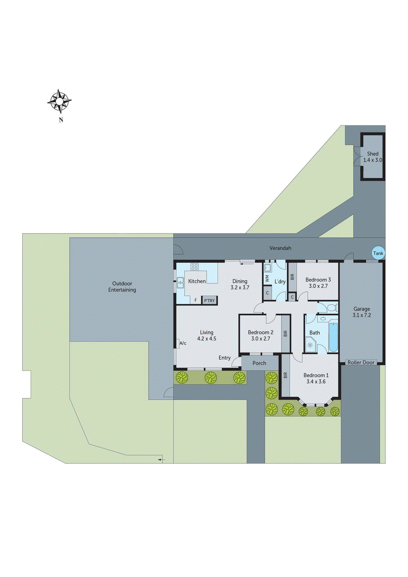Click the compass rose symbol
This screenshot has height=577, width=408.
point(60,101)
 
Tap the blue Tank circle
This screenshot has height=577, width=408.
point(378,253)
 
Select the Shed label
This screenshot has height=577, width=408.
point(373,154)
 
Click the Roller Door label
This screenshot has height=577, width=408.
point(361,362)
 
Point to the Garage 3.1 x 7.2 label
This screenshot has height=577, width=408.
point(362,312)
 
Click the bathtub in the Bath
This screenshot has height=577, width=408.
point(333,338)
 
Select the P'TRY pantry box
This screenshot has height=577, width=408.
point(209,300)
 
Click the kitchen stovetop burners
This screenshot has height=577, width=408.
point(195,267)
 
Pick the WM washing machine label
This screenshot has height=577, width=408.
point(267,278)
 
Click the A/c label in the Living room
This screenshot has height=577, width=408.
point(183,343)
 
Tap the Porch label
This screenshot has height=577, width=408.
point(259,363)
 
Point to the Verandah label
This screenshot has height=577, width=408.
point(280,248)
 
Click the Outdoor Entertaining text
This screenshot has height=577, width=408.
point(122,287)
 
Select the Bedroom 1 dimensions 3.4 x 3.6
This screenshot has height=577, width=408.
point(316,382)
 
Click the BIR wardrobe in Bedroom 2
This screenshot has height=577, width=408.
point(286,334)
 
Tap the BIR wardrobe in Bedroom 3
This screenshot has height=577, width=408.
point(292,277)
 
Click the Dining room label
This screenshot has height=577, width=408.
point(240,281)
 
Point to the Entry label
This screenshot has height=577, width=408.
point(224,358)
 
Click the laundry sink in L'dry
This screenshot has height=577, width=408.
point(268,268)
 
